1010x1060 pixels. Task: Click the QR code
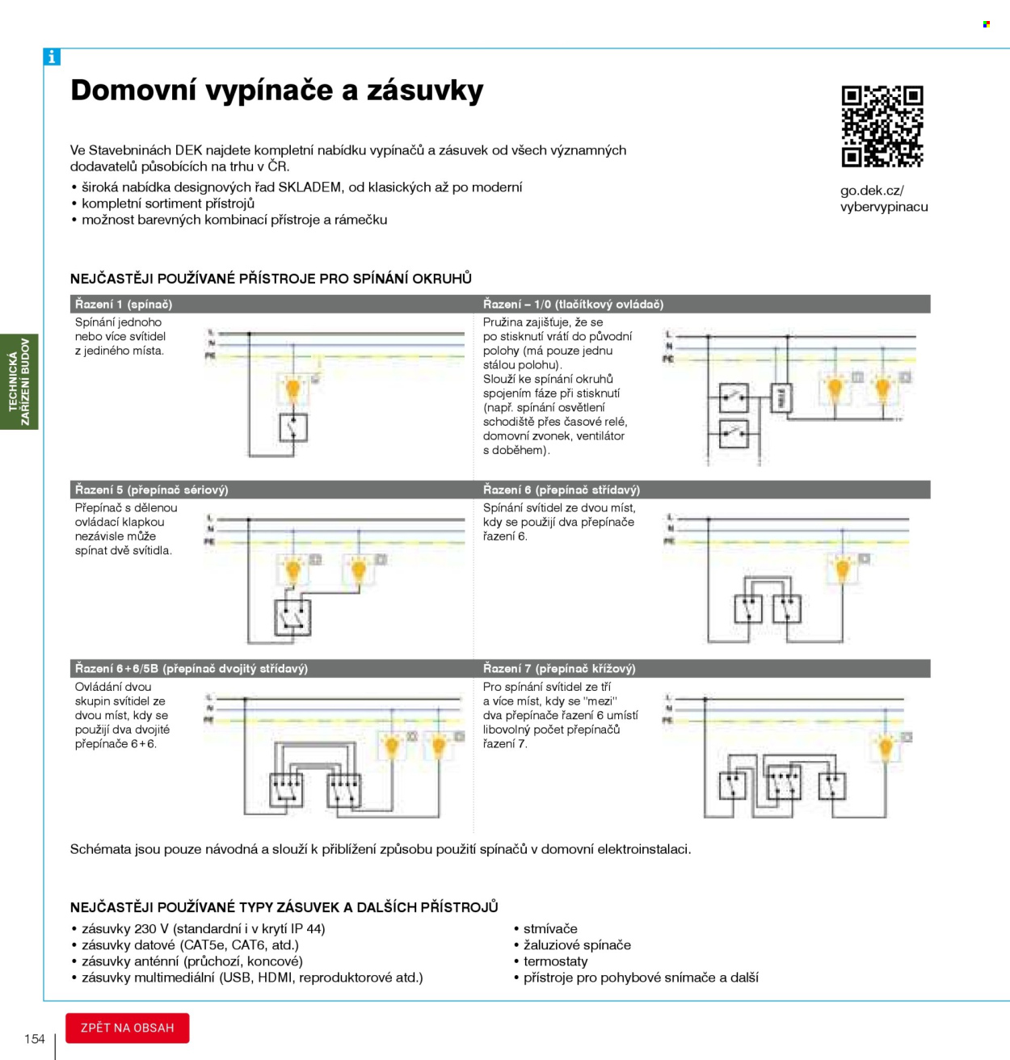[x=882, y=126]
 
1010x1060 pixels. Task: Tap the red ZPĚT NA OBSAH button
[x=128, y=1028]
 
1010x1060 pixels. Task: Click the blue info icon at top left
[x=52, y=57]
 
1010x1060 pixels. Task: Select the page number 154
[x=35, y=1039]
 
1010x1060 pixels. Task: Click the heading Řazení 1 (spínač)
[x=124, y=305]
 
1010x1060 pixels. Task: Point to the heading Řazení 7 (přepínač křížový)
[x=559, y=669]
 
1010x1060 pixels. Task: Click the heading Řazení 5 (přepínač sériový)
[x=152, y=490]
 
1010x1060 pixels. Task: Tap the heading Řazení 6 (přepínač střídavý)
[x=562, y=490]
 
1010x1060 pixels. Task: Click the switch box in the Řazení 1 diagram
[x=293, y=427]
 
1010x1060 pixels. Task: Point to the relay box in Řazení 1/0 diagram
[x=781, y=398]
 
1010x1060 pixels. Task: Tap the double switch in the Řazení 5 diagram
[x=292, y=618]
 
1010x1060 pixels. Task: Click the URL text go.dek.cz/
[x=872, y=191]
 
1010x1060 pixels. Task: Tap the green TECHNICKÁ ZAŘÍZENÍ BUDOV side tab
[x=19, y=381]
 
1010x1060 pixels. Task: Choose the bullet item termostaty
[x=555, y=961]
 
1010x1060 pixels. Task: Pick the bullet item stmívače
[x=550, y=929]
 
